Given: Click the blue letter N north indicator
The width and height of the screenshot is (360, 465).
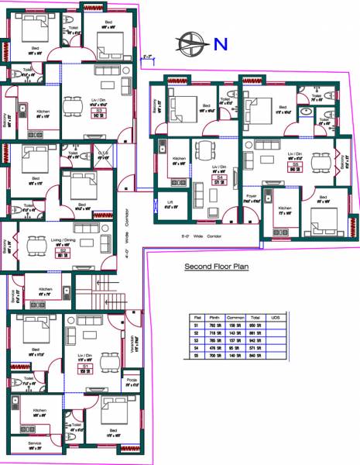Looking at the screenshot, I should tap(220, 45).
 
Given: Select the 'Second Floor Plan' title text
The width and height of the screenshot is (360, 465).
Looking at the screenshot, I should tap(215, 268).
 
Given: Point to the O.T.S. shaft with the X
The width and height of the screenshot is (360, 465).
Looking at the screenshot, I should tap(103, 156).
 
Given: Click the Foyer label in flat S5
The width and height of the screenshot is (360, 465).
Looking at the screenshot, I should tap(252, 196).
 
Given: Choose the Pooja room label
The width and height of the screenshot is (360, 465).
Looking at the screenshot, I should tap(132, 381).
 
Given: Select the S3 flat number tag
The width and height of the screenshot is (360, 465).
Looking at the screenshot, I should tap(99, 112).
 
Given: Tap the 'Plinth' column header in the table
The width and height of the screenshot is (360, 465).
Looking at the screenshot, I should tap(214, 316).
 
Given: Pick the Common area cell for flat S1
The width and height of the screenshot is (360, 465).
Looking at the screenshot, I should tap(235, 325).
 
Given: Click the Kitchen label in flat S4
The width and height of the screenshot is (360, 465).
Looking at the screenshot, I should tap(179, 160).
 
